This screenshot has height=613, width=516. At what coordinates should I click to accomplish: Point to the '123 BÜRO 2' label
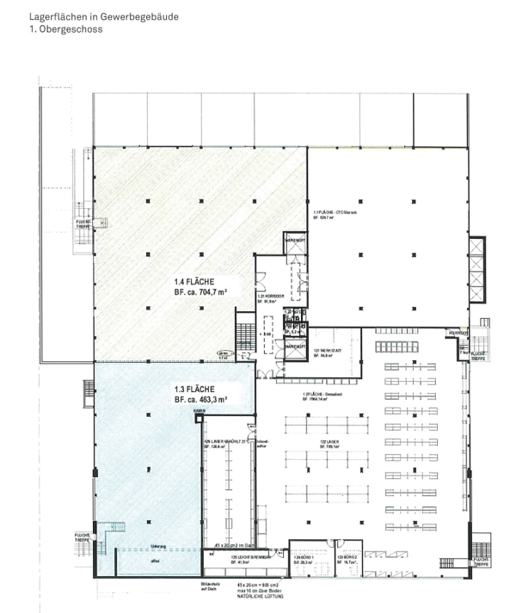click(x=347, y=558)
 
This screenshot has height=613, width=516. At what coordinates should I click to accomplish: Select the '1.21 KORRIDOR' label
click(x=269, y=297)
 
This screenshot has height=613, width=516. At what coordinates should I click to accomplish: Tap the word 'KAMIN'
click(x=200, y=413)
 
